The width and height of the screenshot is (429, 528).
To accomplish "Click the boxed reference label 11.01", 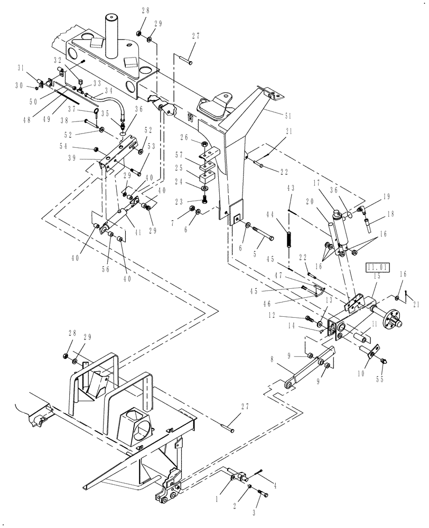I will [377, 268].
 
